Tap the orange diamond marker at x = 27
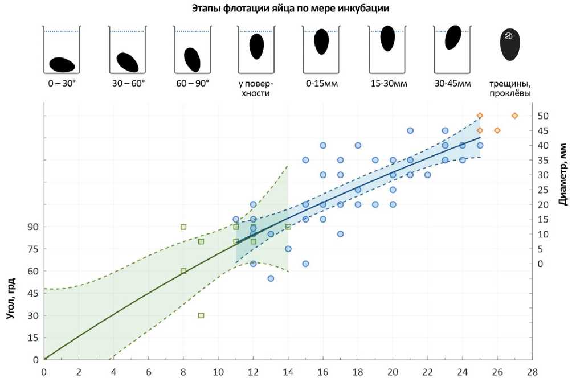(514, 116)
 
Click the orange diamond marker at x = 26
(497, 130)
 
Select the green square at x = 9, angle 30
(201, 315)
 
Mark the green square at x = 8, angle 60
(183, 271)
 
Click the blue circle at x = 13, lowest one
(271, 278)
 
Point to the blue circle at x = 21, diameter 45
(410, 130)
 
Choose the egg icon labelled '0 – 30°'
(62, 65)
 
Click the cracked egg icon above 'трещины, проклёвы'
(509, 46)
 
